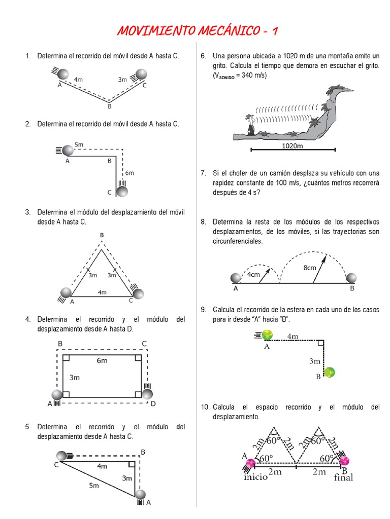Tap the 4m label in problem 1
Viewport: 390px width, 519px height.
coord(79,80)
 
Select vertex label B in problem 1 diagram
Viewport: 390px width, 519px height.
coord(109,106)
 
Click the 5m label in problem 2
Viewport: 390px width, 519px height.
coord(79,144)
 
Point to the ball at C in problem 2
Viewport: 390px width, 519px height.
coord(122,192)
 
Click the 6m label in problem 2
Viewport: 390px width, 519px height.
coord(129,173)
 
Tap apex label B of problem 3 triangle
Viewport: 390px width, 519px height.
coord(102,235)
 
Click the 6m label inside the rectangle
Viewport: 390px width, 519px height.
coord(102,360)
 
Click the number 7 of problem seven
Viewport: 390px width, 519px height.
coord(203,173)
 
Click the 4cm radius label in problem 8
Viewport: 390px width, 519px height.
coord(253,275)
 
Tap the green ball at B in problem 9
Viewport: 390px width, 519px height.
coord(330,373)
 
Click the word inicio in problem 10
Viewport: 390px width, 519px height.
coord(255,477)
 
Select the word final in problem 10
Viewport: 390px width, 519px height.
coord(343,477)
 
